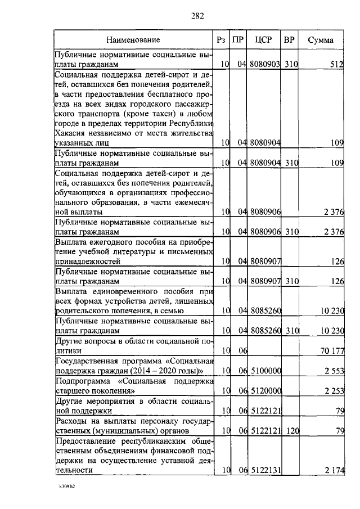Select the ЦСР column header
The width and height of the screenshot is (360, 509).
pos(263,40)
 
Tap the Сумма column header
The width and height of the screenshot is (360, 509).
pos(321,40)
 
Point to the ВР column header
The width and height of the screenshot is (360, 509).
pos(290,40)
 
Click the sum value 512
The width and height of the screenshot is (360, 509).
pos(336,65)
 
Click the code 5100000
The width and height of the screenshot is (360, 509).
pos(265,371)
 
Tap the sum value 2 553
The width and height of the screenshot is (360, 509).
pos(334,371)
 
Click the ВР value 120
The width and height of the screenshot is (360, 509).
pos(290,431)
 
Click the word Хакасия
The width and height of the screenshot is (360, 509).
pos(71,133)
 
